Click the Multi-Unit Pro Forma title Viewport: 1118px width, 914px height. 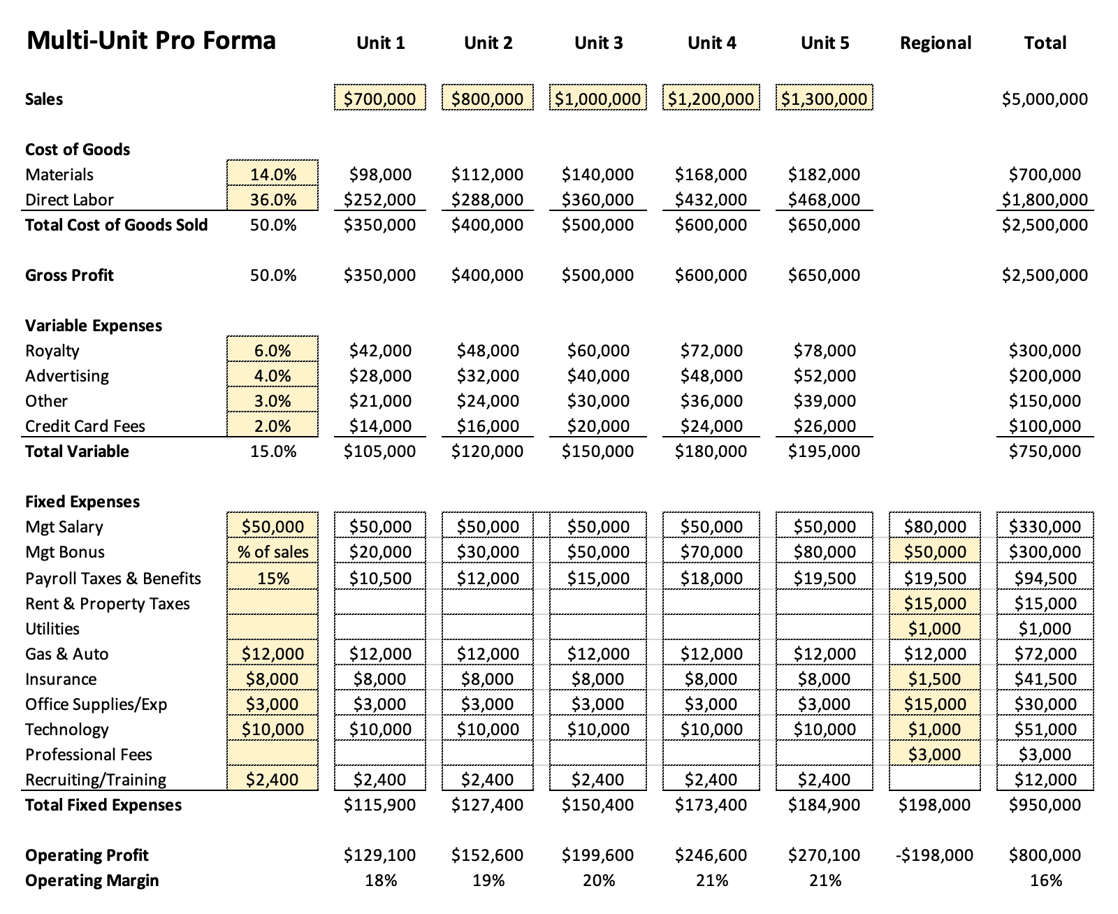click(151, 41)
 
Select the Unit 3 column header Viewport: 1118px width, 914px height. click(599, 43)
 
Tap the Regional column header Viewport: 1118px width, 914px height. click(935, 43)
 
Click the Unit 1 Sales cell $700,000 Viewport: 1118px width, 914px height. click(379, 98)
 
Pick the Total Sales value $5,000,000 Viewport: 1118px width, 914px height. click(1045, 99)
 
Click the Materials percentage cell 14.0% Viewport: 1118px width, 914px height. click(273, 174)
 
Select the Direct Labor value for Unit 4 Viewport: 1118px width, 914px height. click(711, 199)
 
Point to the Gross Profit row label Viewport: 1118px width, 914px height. click(69, 275)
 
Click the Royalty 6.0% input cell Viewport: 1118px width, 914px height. click(273, 350)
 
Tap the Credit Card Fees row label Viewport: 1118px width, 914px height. click(85, 426)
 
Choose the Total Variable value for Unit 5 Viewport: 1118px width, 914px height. click(824, 451)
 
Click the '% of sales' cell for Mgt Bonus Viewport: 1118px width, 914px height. click(273, 551)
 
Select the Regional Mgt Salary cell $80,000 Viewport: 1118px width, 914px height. click(935, 526)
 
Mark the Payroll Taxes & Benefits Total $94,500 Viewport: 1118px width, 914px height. click(1045, 577)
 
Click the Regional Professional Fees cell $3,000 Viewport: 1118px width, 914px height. click(935, 754)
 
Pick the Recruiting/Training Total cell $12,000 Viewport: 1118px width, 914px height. click(1045, 779)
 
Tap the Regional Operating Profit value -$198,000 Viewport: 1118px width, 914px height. click(934, 855)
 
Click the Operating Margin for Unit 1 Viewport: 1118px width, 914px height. click(381, 880)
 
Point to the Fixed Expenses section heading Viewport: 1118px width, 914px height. click(82, 502)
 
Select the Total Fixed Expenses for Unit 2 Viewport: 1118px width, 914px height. click(487, 805)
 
